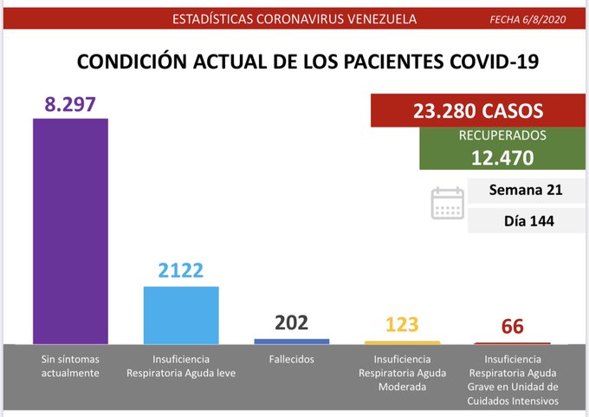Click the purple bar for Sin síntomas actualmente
tap(70, 230)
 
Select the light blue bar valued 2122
tap(180, 315)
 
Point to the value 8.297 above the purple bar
tap(70, 104)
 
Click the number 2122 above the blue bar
tap(180, 270)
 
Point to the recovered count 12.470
tap(502, 157)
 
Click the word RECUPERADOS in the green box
tap(502, 136)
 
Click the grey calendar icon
tap(448, 204)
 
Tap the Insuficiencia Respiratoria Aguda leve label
tap(181, 366)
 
